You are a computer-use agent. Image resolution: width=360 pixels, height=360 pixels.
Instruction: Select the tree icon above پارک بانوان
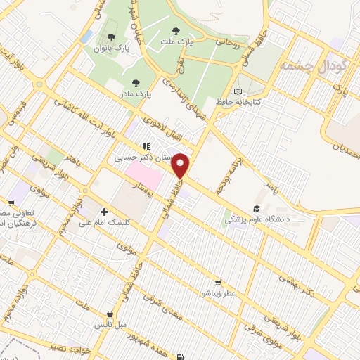click(111, 37)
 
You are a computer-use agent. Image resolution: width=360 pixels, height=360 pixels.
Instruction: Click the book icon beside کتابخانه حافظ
click(238, 91)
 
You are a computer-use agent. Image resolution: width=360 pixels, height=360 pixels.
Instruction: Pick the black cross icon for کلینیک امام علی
click(105, 211)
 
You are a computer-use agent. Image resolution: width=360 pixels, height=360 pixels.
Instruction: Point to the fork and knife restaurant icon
click(146, 147)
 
